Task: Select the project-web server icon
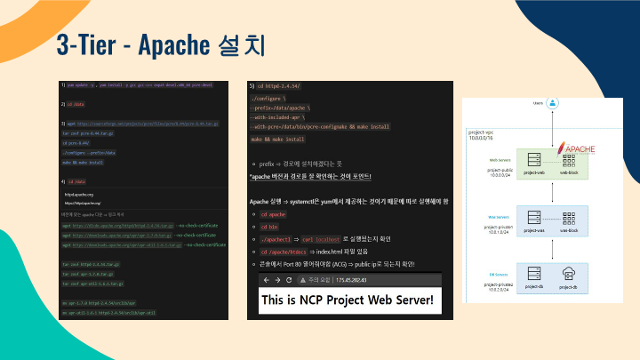[x=534, y=160]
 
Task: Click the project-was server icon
[x=534, y=217]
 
